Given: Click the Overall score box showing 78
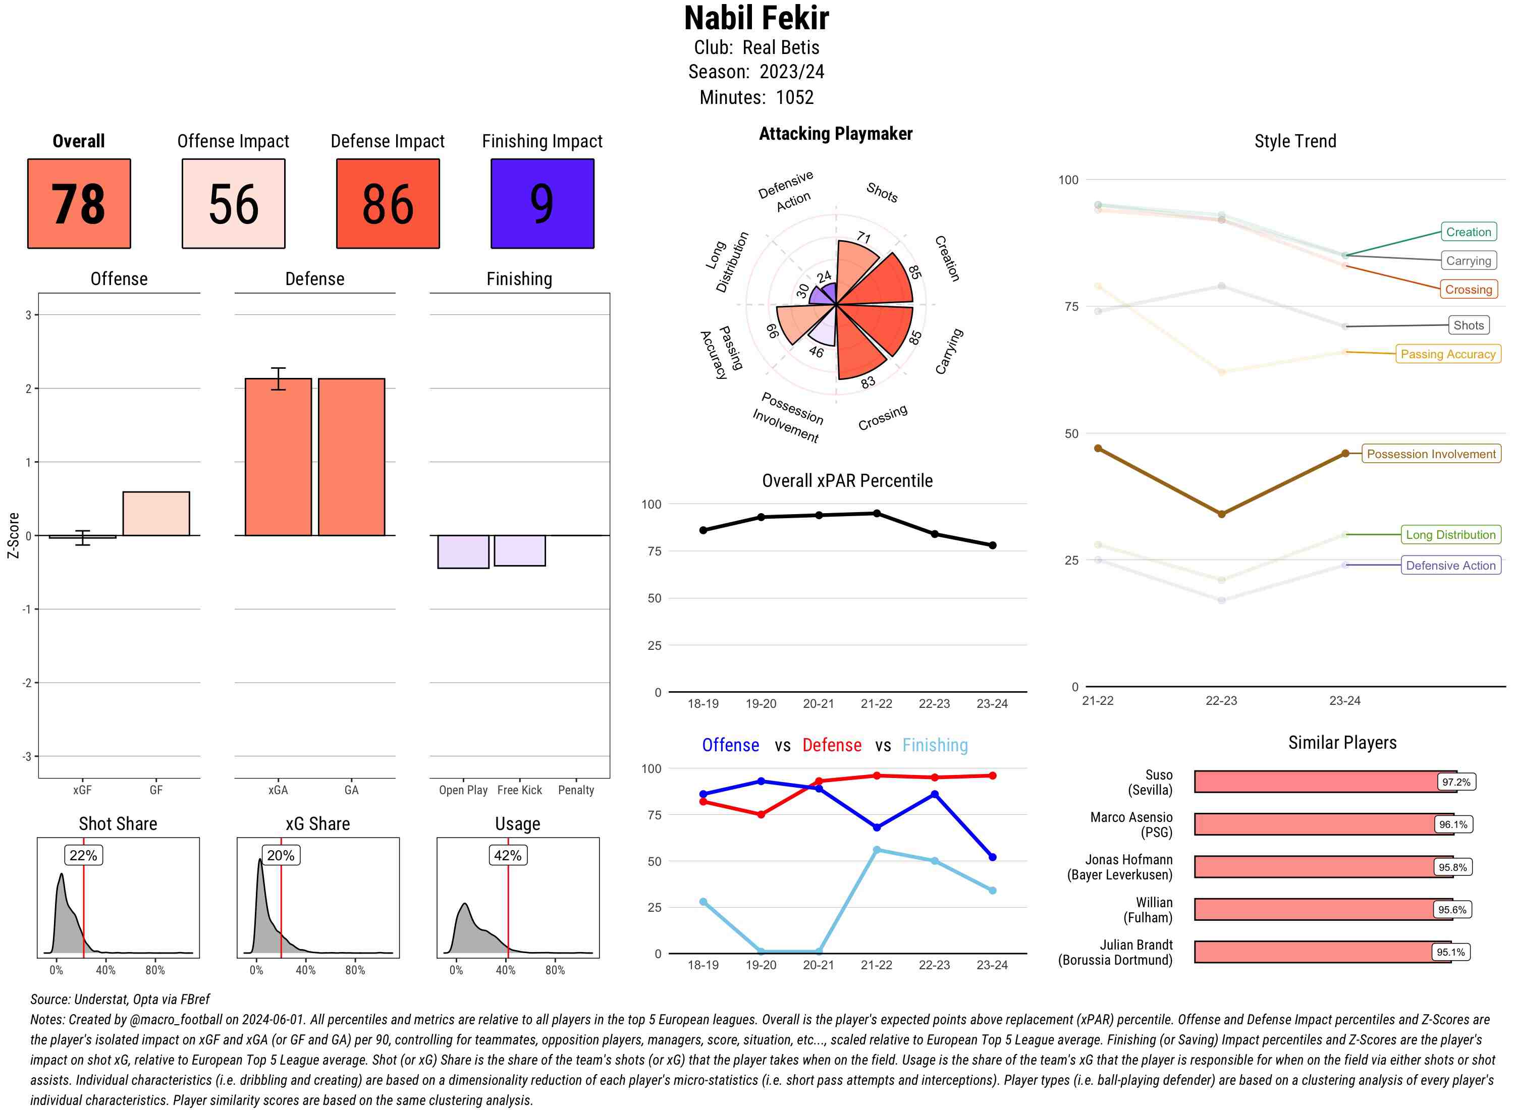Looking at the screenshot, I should (79, 204).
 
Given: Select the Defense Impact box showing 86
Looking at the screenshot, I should (388, 204).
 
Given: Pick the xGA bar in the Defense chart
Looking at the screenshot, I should (278, 457).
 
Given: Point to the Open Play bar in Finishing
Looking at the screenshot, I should (463, 551).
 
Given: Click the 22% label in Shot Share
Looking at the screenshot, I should (83, 855).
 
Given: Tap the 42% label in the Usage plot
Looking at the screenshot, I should (507, 855).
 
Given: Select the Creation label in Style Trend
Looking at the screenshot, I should (1468, 232).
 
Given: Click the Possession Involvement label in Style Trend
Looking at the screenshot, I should (1431, 454).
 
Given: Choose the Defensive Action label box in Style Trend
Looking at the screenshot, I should (1450, 565).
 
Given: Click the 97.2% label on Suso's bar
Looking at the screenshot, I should (1455, 782).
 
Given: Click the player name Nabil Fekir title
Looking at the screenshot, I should (756, 18).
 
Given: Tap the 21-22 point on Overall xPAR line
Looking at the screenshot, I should (876, 513).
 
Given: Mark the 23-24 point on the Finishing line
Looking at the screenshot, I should (993, 891).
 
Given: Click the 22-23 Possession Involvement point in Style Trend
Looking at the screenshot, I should (1221, 514).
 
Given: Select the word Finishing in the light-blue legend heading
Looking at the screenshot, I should (935, 745).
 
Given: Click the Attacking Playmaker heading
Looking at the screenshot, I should (835, 134).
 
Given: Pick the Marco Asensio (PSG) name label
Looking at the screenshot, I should (1131, 824).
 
